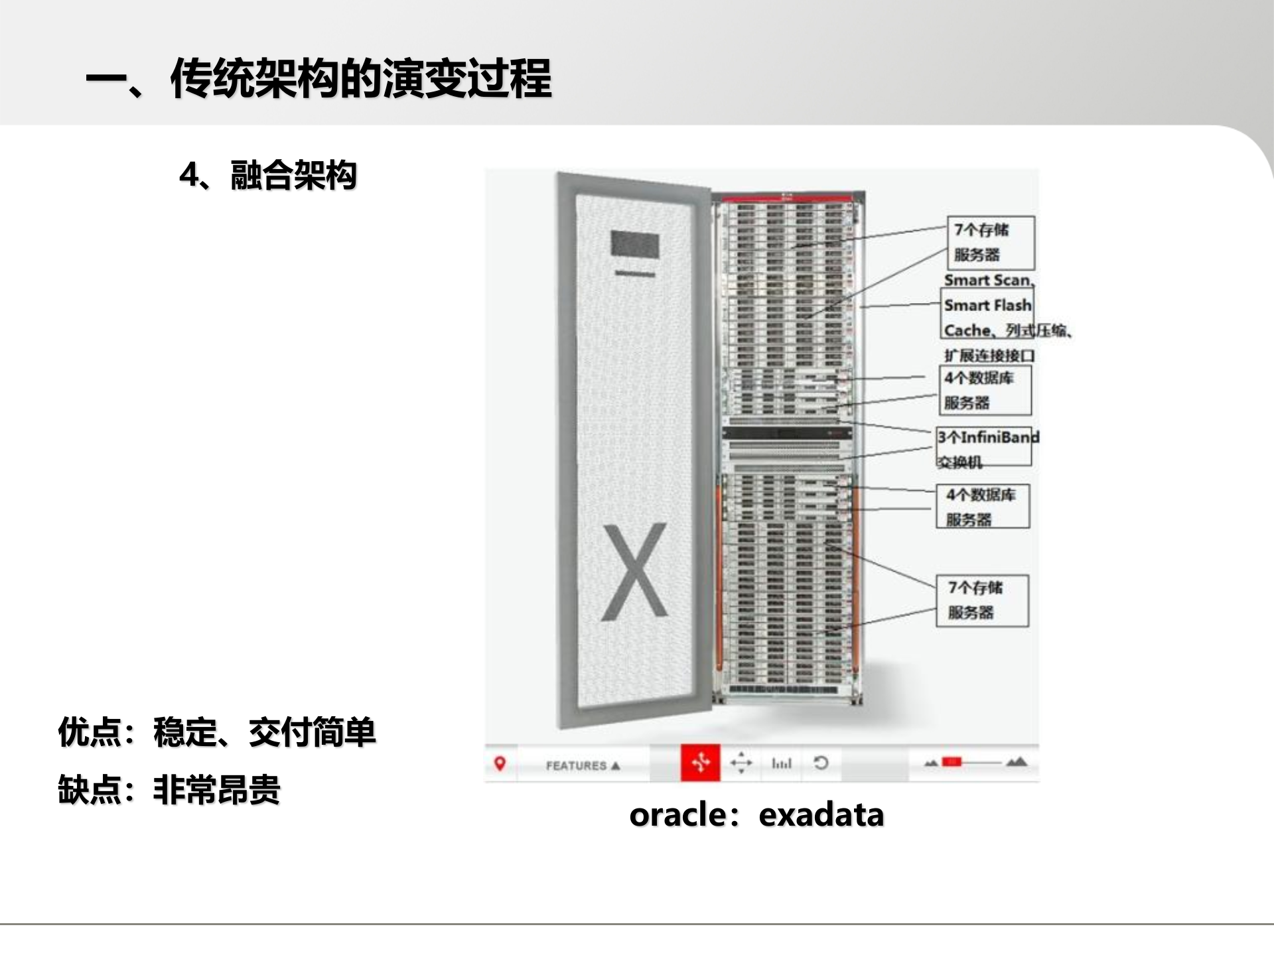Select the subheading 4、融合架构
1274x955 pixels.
(x=268, y=176)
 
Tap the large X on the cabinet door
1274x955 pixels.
(x=634, y=572)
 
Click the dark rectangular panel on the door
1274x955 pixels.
(x=634, y=244)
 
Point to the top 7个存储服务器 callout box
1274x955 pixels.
(x=990, y=243)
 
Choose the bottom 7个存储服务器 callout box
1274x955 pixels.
(x=982, y=600)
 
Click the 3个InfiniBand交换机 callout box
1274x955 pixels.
(x=985, y=446)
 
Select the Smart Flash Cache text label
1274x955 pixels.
(x=987, y=306)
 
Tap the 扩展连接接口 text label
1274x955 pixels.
(x=989, y=356)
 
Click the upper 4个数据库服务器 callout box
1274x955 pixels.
(x=985, y=390)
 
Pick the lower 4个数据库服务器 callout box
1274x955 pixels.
(x=983, y=507)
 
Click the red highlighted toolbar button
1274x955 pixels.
(x=700, y=763)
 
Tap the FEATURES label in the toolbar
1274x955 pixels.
(x=576, y=765)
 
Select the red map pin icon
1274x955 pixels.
(x=500, y=764)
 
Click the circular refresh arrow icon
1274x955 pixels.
(x=821, y=763)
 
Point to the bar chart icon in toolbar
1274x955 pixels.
(x=782, y=764)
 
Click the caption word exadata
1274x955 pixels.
(x=821, y=815)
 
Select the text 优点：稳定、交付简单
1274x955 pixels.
(x=217, y=733)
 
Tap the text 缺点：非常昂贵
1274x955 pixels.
(x=169, y=790)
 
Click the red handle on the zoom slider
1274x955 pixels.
(x=952, y=762)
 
